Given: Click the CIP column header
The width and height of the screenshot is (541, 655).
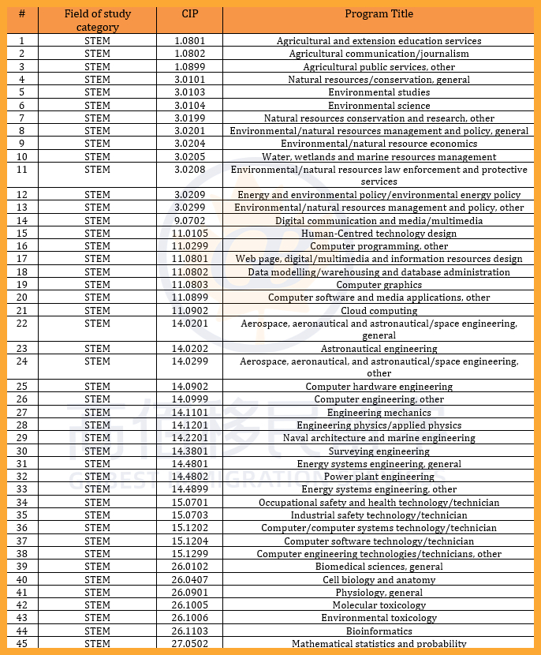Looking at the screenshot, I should (x=189, y=14).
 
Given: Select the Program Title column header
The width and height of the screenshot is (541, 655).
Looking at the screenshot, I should (x=379, y=14).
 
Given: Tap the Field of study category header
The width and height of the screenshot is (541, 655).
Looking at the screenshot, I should (x=98, y=21).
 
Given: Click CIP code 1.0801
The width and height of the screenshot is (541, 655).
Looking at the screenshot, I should (x=189, y=41).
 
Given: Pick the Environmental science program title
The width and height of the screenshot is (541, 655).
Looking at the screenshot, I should (x=379, y=106).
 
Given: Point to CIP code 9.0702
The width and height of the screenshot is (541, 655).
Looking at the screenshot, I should (x=189, y=221).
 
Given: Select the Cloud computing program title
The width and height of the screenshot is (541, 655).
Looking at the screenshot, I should (x=379, y=311).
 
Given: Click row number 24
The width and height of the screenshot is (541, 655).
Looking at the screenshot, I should (x=22, y=361).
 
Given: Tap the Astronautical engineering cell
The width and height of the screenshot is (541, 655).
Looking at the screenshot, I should (x=379, y=349).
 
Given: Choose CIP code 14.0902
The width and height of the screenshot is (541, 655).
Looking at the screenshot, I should (x=189, y=387).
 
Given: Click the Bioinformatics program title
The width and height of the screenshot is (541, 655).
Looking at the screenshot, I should (x=379, y=631).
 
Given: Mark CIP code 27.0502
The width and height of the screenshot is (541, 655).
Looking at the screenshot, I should (x=189, y=644).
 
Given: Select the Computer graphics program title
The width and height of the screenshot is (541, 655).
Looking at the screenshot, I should (x=379, y=285).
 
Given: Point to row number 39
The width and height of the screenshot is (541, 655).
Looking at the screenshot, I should (x=22, y=567).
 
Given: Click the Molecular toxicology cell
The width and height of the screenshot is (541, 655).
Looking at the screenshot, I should (x=379, y=605).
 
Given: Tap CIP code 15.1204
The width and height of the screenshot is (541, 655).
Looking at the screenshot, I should (x=189, y=541).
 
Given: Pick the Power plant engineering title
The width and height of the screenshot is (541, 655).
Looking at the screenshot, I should (x=379, y=477).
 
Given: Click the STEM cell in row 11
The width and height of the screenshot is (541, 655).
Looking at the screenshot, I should (x=98, y=170).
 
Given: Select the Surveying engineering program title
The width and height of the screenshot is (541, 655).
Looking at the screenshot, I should (x=379, y=451).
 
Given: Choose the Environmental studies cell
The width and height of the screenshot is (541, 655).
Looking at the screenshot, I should (x=379, y=92).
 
